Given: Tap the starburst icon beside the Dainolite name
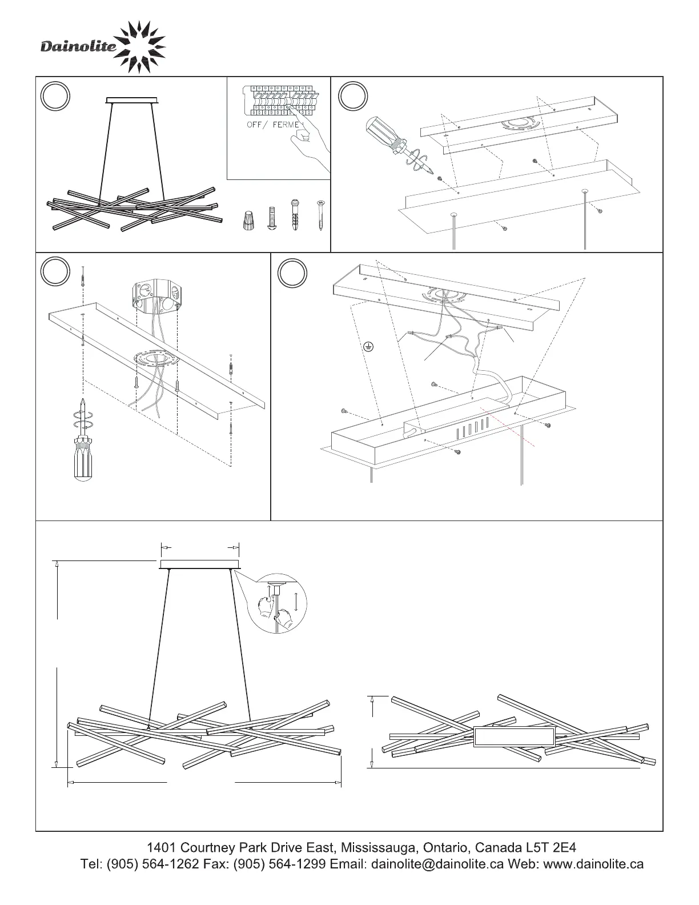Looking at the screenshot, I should (142, 47).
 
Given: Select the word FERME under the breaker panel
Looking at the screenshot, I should (286, 125).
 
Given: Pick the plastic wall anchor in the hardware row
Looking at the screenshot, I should (295, 215).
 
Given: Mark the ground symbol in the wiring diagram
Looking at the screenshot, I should (368, 346).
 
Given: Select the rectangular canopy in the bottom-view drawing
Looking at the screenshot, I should (515, 737).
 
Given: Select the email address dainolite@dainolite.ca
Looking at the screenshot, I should (437, 863).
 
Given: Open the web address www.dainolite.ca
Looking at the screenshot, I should (593, 863).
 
